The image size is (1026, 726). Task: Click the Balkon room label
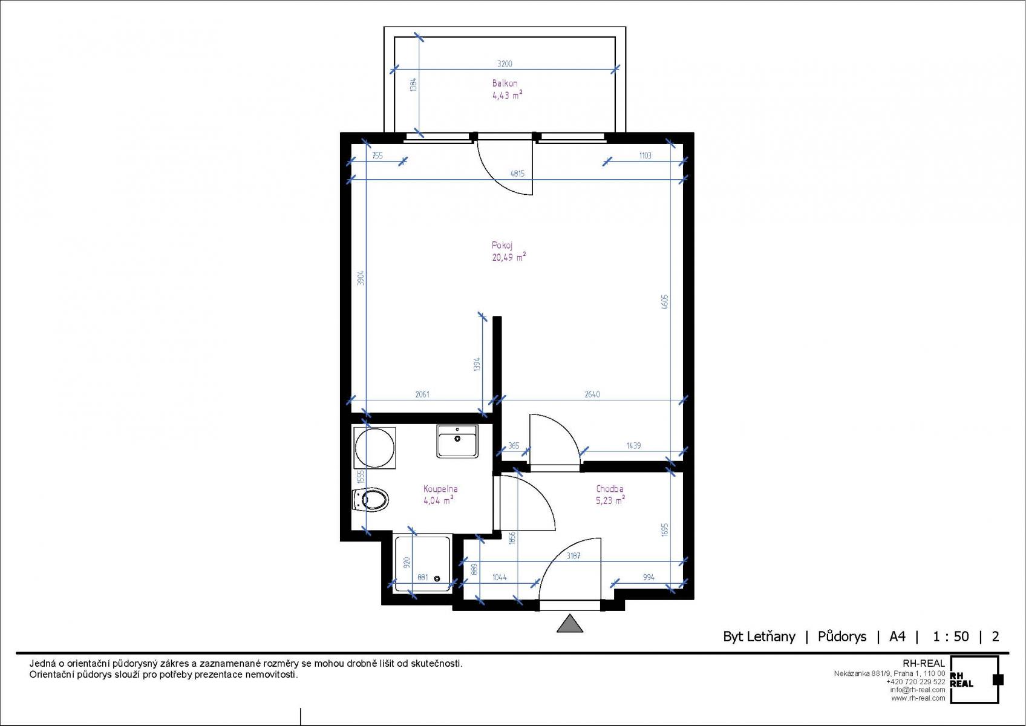(505, 83)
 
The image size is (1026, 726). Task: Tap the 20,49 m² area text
(509, 257)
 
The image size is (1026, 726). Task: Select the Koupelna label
(440, 489)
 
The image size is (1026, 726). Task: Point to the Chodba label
(610, 489)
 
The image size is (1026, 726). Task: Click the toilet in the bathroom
(371, 499)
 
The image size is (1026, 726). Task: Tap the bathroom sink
(457, 441)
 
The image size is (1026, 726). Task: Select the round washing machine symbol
(374, 448)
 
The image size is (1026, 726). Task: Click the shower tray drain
(437, 579)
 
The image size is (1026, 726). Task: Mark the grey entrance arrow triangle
(570, 624)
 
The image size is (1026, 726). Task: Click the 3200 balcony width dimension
(505, 64)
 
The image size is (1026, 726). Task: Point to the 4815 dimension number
(518, 174)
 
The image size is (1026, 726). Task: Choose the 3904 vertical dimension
(361, 278)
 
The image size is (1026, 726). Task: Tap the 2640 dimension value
(592, 394)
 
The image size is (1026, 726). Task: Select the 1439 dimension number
(633, 446)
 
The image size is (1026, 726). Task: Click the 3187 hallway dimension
(573, 556)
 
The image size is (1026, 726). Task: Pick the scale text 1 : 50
(951, 636)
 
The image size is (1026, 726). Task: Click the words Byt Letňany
(759, 637)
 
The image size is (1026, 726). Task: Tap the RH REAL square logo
(974, 680)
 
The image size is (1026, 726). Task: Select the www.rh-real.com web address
(918, 699)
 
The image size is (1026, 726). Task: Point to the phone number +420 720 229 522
(916, 682)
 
